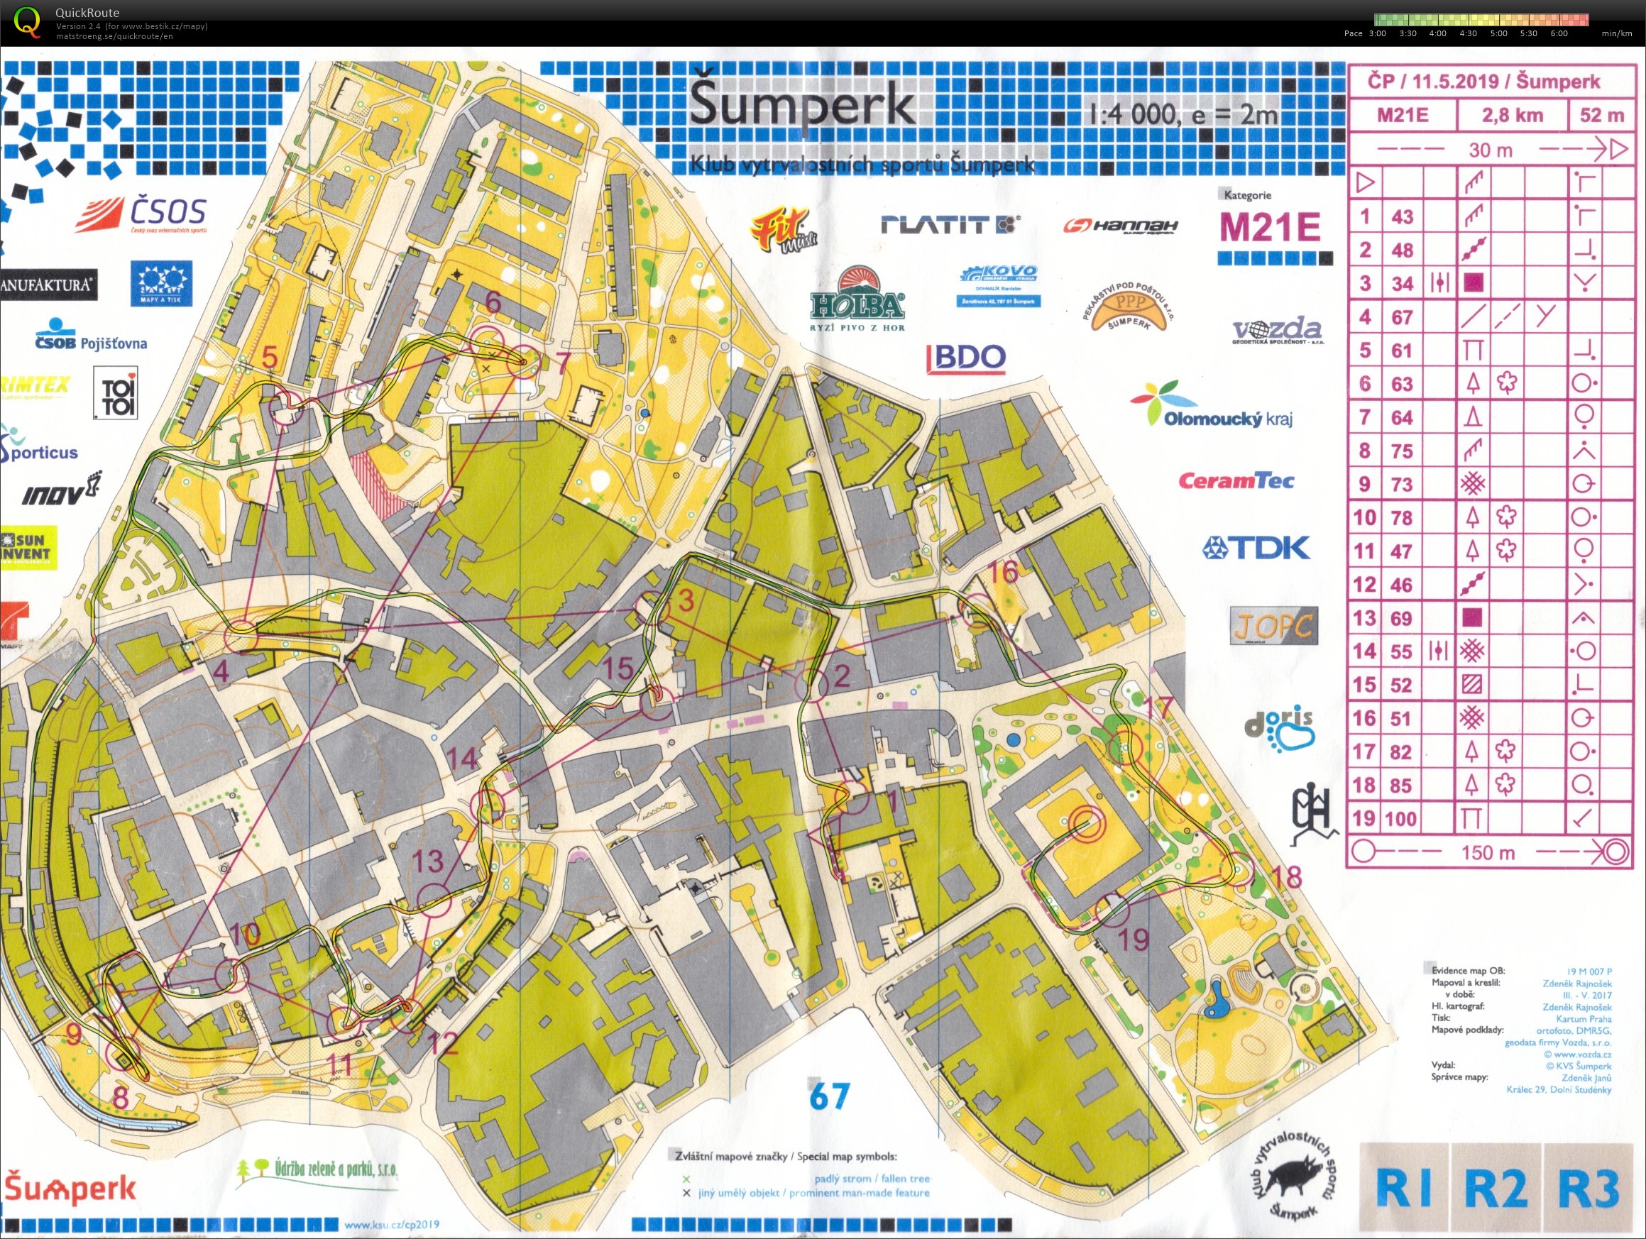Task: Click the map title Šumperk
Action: coord(801,106)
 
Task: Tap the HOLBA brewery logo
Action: coord(857,302)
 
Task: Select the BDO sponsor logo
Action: coord(967,358)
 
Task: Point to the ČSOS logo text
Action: coord(168,211)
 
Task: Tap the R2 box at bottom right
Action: coord(1495,1188)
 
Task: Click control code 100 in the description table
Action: coord(1401,820)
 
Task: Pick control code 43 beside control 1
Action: coord(1402,216)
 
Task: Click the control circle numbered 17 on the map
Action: coord(1125,748)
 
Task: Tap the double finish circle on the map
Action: coord(1087,825)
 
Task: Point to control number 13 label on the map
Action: coord(428,861)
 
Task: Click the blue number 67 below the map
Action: coord(829,1096)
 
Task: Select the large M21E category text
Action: coord(1270,227)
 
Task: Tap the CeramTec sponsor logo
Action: coord(1236,480)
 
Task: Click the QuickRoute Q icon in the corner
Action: coord(28,21)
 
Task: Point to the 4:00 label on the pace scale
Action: coord(1437,33)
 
